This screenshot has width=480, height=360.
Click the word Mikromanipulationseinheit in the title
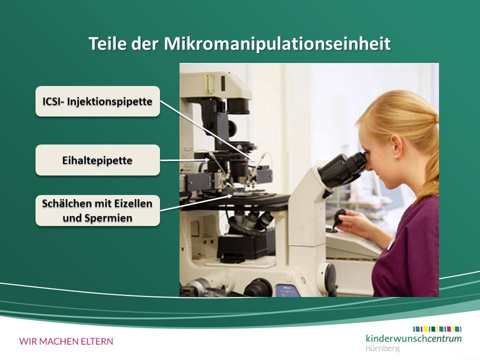(x=277, y=44)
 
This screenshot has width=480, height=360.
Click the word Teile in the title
(x=107, y=43)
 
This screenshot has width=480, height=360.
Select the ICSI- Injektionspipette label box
(x=97, y=101)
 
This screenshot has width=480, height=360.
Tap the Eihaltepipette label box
(x=97, y=160)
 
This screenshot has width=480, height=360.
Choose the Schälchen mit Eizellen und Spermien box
(x=97, y=210)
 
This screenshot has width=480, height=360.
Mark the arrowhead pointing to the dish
(x=229, y=196)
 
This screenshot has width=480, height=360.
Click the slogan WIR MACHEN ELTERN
(x=66, y=341)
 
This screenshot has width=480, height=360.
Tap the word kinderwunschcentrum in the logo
(x=413, y=338)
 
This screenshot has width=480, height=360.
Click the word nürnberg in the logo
(x=382, y=348)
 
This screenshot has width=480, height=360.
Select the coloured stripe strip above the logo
(x=437, y=329)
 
